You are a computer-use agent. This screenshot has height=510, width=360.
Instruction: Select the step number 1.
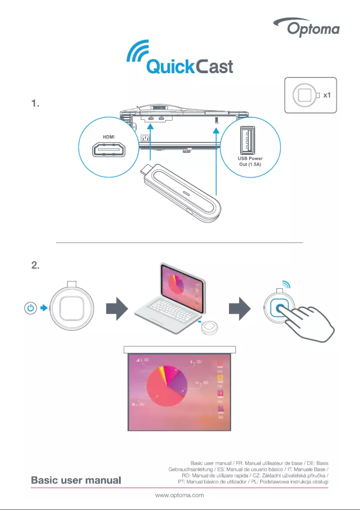(x=36, y=104)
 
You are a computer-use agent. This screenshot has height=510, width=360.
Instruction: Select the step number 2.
(x=36, y=265)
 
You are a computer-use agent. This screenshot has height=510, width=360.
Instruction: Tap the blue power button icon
(x=30, y=308)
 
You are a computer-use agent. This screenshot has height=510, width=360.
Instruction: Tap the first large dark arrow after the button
(x=116, y=310)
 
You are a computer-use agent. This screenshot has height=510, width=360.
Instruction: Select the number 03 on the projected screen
(x=221, y=394)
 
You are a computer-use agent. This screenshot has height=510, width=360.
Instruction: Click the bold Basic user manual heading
(x=76, y=480)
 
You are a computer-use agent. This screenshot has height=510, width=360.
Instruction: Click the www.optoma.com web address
(x=180, y=495)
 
